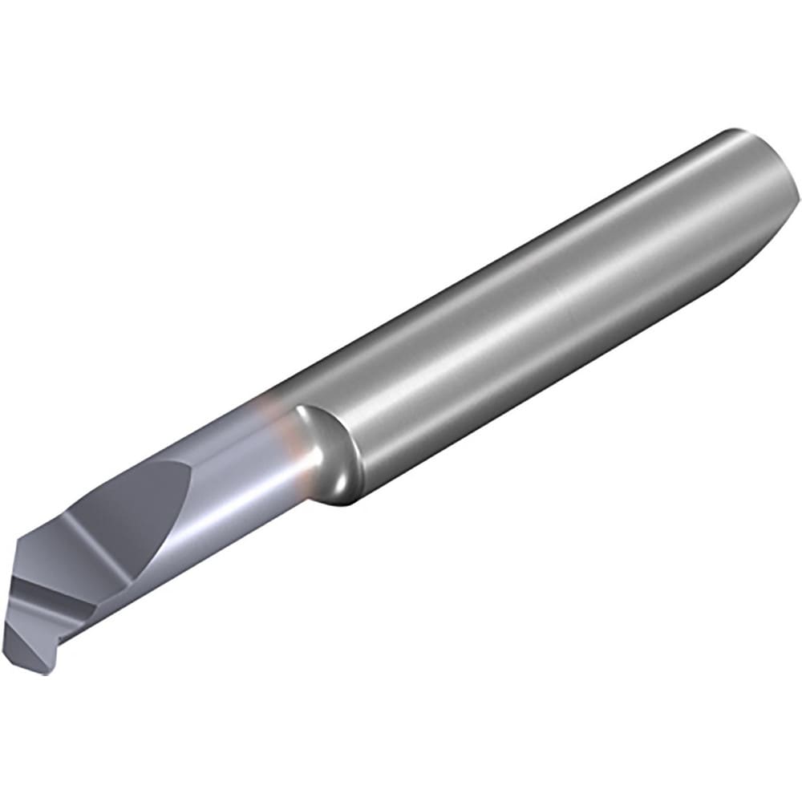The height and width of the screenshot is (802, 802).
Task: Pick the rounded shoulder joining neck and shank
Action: pos(329,449)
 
